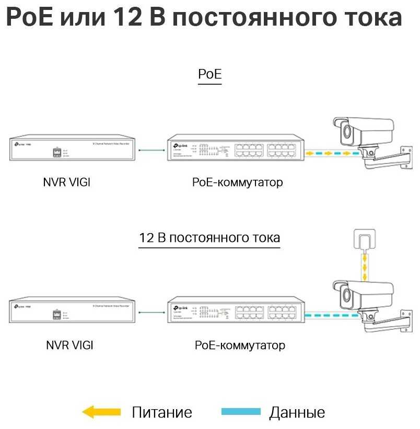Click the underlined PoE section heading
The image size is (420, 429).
coord(210,74)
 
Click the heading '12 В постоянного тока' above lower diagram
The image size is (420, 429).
coord(209,238)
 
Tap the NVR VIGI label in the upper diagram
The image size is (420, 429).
coord(67,183)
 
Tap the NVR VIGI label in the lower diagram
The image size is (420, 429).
coord(69,345)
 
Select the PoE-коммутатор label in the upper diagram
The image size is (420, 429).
coord(237,182)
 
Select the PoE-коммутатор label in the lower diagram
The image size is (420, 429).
coord(240,345)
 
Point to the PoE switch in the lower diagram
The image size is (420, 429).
coord(235,312)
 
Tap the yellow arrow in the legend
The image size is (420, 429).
coord(102,412)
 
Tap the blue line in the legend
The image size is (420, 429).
coord(241,412)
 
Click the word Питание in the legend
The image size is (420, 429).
coord(162,413)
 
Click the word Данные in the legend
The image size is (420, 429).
coord(297,413)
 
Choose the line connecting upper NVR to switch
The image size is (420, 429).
coord(152,150)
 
